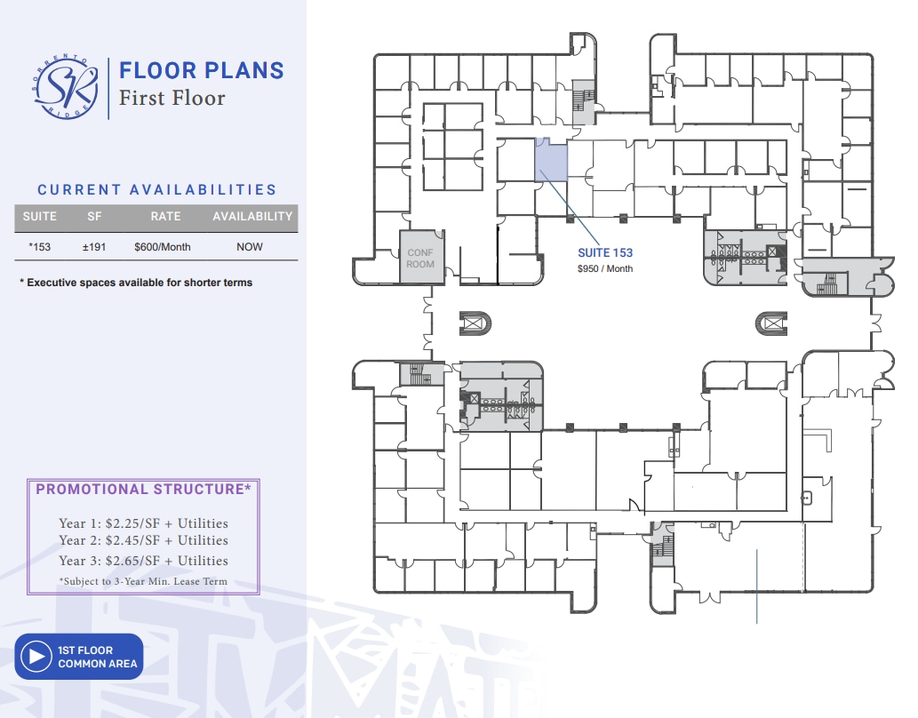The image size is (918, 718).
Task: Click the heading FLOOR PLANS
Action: [201, 70]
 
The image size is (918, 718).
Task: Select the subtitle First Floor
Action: [172, 97]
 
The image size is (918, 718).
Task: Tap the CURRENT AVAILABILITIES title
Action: [156, 189]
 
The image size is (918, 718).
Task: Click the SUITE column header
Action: [39, 216]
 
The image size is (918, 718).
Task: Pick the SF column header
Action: [94, 216]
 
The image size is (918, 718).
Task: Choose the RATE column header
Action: [165, 216]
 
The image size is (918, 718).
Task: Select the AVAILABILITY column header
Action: [252, 216]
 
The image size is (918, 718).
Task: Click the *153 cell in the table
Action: [40, 247]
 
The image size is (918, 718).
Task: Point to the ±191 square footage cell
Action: [94, 247]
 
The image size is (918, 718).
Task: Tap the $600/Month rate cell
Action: [163, 247]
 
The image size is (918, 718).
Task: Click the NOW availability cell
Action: [250, 247]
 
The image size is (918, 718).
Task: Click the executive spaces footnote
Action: [136, 283]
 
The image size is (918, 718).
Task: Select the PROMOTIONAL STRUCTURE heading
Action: [143, 489]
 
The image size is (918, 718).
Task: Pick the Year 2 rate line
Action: [143, 540]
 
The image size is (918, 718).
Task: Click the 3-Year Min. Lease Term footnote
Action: [143, 581]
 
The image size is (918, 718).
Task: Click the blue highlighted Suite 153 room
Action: [550, 161]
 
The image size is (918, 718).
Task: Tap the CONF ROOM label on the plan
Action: [420, 259]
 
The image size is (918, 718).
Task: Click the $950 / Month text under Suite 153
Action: [605, 268]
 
